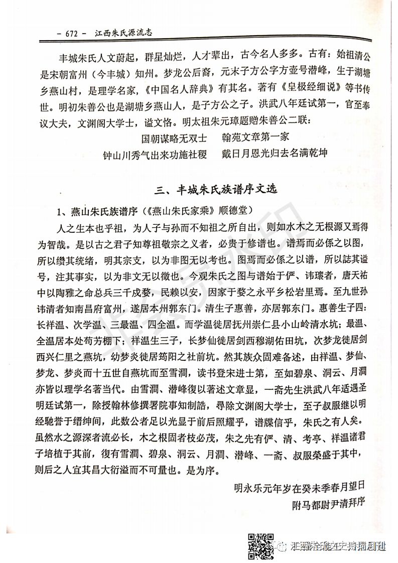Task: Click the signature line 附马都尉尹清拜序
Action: [x=327, y=503]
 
